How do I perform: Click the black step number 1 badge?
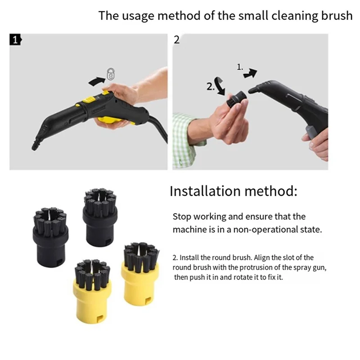(15, 40)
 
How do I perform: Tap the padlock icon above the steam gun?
(110, 74)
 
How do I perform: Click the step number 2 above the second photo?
(176, 40)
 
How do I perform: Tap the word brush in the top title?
(335, 16)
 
